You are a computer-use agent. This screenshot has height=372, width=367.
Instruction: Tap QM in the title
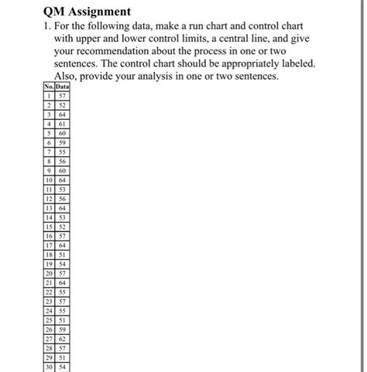click(x=57, y=12)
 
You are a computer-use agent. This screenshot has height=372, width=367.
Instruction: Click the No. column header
click(x=49, y=87)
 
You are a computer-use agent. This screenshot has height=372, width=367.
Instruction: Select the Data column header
click(x=62, y=87)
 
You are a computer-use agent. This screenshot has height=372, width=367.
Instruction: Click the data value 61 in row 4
click(x=62, y=124)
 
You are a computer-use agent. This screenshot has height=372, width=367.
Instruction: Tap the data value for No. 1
click(x=62, y=96)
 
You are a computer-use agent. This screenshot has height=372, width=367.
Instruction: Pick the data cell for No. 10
click(x=62, y=179)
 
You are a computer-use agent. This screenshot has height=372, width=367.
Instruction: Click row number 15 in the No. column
click(x=49, y=226)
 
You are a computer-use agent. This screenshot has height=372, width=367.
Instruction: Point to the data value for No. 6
click(x=62, y=142)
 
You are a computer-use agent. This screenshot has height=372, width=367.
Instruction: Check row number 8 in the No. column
click(x=49, y=161)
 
